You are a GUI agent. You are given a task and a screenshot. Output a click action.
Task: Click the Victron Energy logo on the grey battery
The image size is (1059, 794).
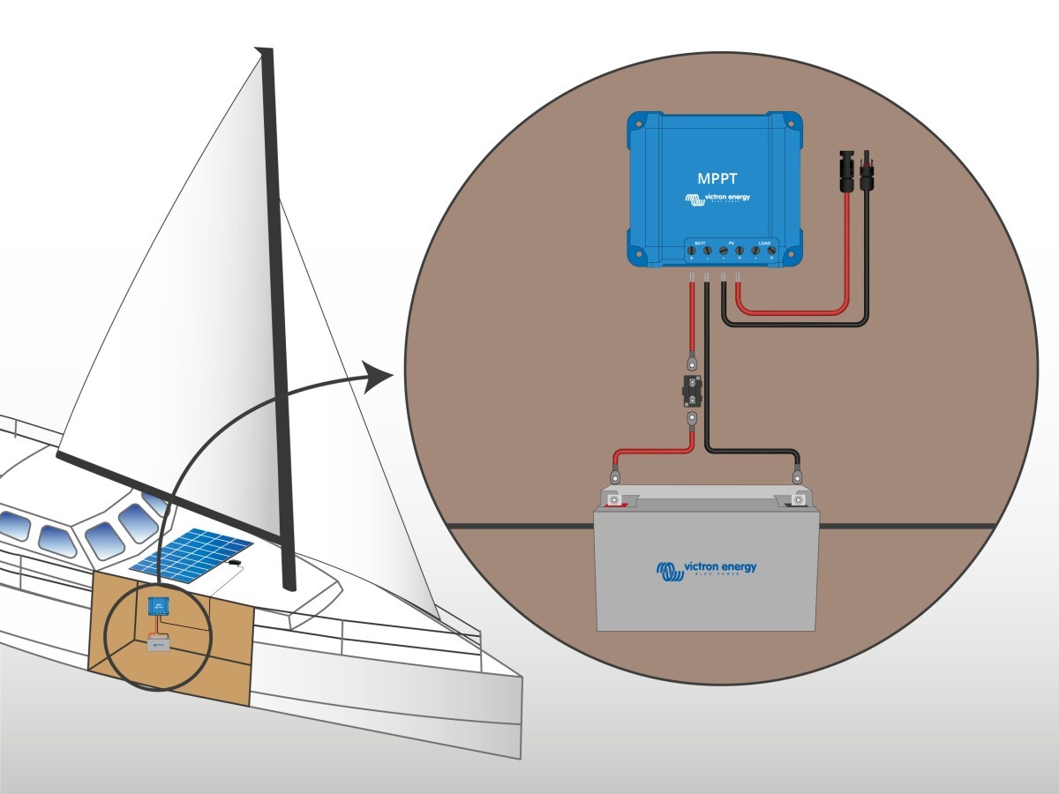(706, 569)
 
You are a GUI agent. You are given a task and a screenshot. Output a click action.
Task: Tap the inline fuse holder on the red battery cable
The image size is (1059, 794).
(692, 389)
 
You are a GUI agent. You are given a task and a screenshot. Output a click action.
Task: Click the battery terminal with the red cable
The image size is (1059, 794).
(614, 500)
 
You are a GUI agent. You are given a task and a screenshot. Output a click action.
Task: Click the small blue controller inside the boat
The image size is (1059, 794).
(159, 606)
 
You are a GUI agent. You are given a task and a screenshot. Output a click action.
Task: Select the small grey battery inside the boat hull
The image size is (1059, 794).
(160, 646)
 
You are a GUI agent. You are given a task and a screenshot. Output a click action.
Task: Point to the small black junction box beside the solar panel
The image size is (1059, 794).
(235, 562)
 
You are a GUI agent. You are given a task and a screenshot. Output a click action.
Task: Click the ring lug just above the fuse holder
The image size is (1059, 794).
(693, 361)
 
